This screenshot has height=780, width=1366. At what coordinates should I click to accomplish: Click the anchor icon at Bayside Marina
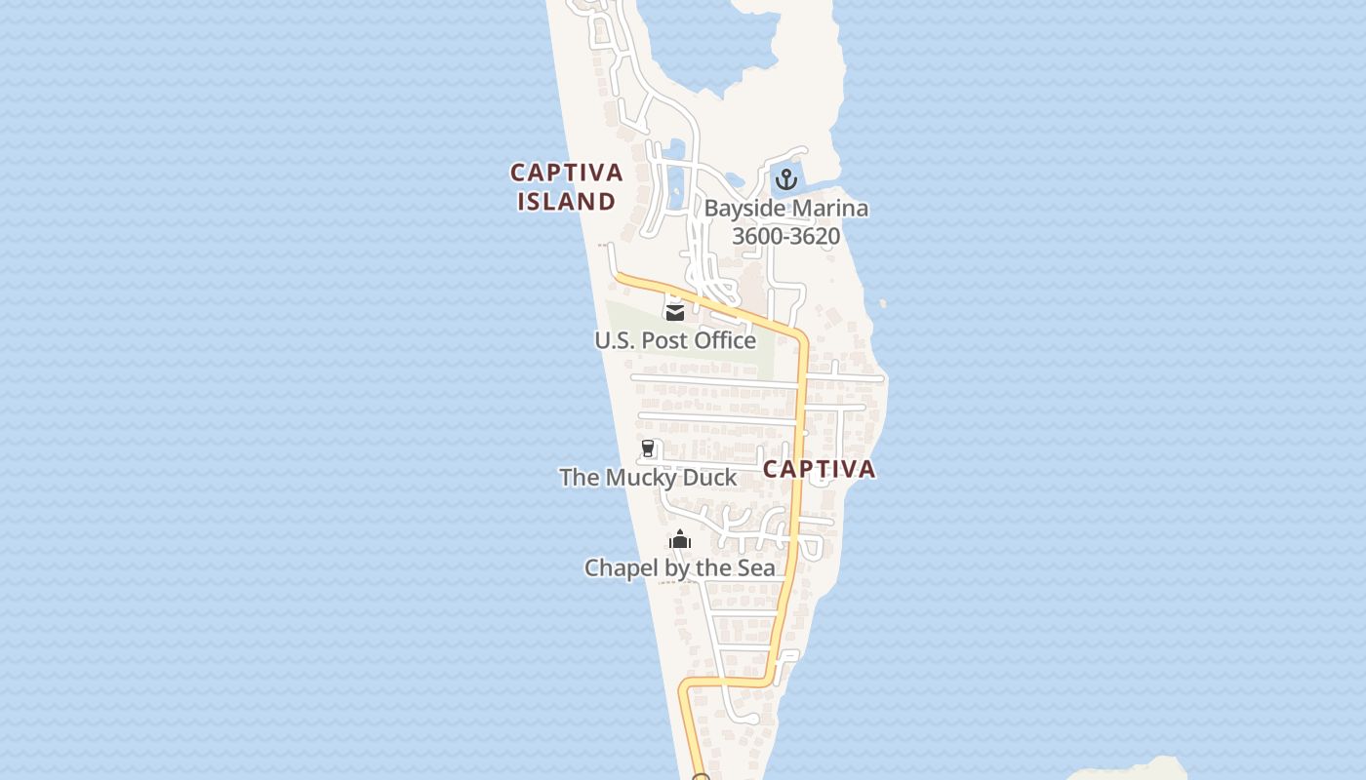click(785, 179)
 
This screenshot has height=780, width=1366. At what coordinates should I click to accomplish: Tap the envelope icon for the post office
click(674, 312)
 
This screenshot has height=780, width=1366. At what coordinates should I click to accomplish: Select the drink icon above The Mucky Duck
click(648, 448)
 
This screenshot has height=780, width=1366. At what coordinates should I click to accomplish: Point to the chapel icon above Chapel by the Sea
click(680, 539)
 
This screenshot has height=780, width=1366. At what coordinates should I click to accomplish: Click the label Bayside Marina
click(785, 208)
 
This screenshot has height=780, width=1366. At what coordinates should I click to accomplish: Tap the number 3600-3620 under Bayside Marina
click(785, 236)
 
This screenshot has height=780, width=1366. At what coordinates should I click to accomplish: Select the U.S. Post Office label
click(675, 340)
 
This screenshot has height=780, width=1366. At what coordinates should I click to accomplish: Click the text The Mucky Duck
click(648, 478)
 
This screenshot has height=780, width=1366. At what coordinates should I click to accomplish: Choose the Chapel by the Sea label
click(680, 567)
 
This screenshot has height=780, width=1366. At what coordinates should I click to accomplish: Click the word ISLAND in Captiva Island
click(567, 202)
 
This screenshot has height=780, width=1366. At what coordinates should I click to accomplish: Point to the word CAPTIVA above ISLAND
click(567, 173)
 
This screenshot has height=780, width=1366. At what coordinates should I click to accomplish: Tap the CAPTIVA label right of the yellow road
click(819, 469)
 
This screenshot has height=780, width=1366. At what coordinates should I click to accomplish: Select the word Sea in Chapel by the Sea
click(756, 567)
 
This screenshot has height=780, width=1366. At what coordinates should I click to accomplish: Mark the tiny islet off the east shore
click(883, 304)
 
